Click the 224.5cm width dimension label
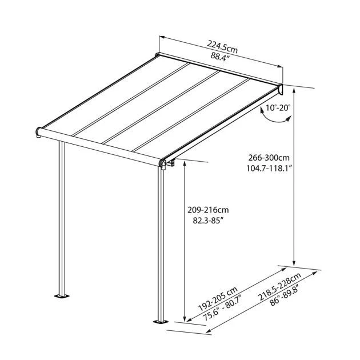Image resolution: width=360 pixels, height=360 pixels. point(222,47)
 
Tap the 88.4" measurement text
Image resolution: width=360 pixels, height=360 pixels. point(221,57)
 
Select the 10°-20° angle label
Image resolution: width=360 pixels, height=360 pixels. point(278,107)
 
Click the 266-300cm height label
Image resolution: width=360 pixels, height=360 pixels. point(269,158)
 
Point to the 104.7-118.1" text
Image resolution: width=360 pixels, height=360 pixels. point(269,169)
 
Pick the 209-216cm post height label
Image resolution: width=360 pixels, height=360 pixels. point(208,210)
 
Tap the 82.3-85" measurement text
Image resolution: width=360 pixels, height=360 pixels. point(208,221)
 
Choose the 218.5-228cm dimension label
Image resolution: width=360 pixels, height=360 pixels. point(279,287)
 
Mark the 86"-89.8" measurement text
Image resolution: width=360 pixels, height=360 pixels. point(284,295)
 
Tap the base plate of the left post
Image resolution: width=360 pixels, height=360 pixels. point(62,296)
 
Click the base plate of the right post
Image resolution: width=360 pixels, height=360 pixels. point(161,321)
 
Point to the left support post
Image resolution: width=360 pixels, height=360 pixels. point(62,218)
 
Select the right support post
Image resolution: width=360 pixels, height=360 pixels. point(161,244)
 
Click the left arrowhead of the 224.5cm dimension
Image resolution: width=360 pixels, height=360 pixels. point(162,37)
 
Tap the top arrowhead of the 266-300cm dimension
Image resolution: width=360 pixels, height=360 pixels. point(294,91)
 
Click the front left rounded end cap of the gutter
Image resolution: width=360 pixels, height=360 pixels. point(38,132)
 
